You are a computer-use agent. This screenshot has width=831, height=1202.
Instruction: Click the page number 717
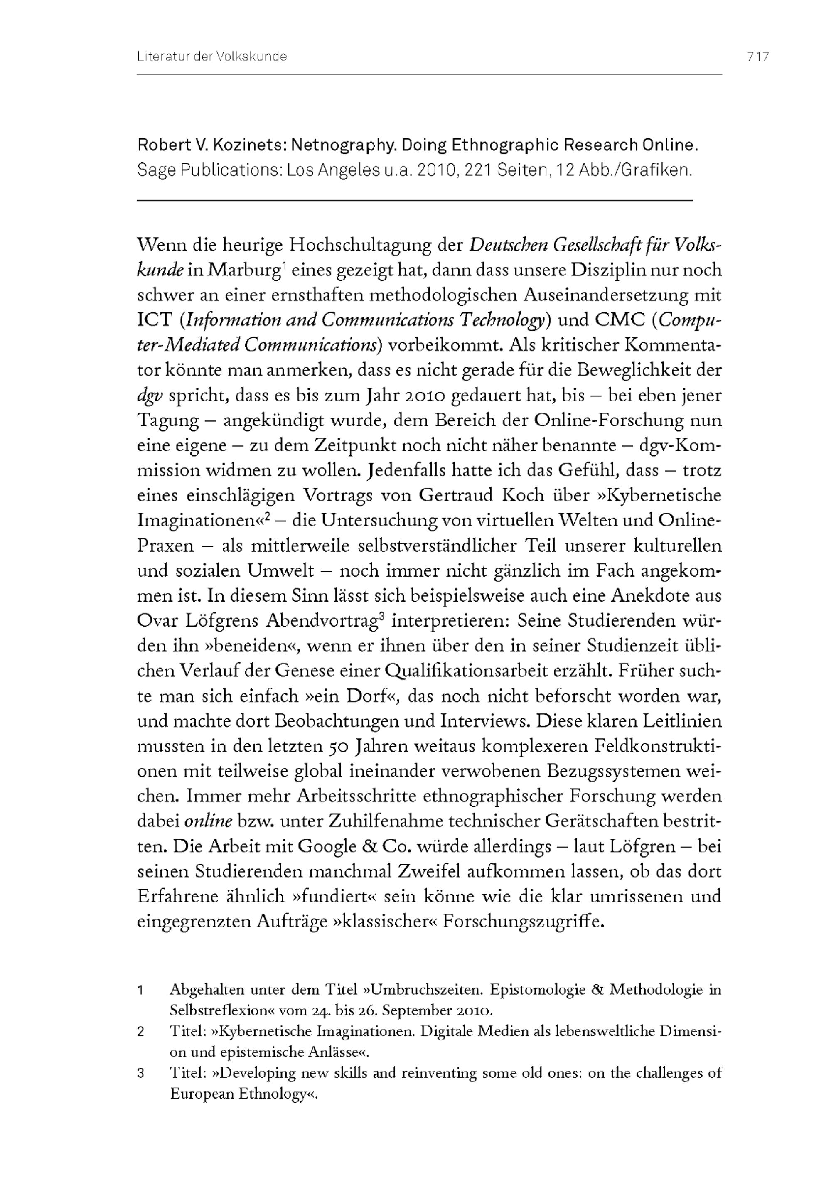coord(757,57)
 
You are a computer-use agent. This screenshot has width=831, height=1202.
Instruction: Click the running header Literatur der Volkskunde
coord(212,57)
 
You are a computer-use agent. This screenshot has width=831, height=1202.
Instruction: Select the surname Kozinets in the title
coord(245,145)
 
